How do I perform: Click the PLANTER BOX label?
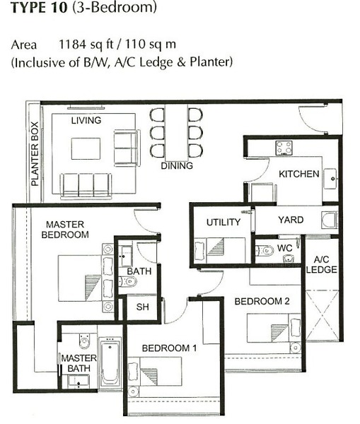35,154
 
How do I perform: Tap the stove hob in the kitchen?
284,148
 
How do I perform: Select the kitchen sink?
330,179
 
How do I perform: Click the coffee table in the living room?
86,148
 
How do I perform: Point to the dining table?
177,133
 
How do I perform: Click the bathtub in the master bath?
110,363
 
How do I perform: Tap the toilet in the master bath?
84,341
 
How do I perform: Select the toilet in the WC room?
265,251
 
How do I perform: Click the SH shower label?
142,307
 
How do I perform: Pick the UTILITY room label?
223,222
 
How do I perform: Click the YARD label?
291,220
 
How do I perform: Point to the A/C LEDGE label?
322,264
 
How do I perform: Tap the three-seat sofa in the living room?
86,185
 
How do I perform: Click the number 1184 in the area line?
72,45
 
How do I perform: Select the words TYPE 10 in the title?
39,7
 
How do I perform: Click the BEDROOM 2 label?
262,301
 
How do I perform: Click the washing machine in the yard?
329,220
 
